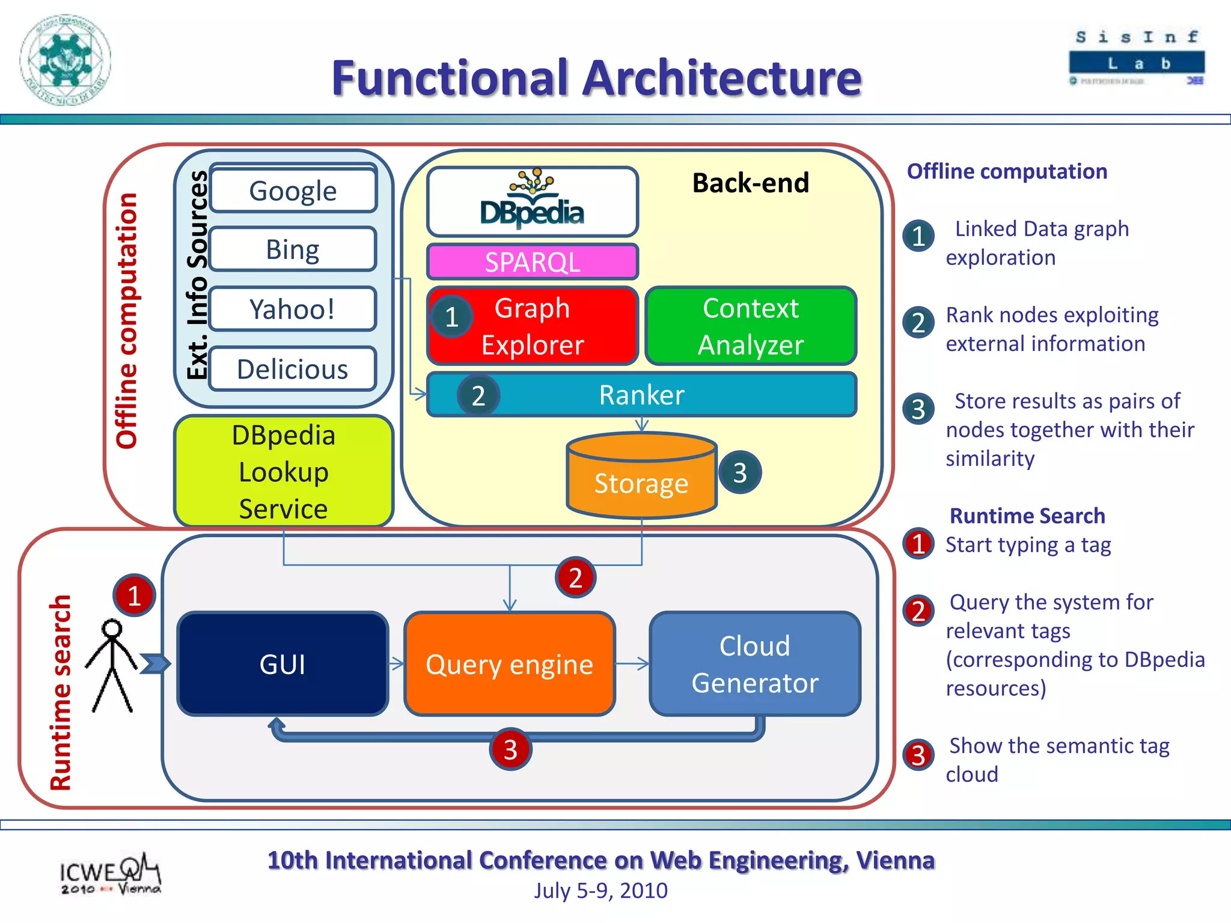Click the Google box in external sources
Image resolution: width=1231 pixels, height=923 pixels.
293,190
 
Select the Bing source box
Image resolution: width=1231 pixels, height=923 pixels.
293,249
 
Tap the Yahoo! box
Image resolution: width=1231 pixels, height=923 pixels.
293,309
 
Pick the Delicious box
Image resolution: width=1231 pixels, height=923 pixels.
293,369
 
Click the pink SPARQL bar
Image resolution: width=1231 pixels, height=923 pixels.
533,262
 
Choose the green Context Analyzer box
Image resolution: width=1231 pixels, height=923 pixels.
751,326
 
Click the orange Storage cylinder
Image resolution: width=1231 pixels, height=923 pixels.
641,478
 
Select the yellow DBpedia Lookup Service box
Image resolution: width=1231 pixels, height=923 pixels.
284,472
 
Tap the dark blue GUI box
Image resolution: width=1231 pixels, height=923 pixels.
283,664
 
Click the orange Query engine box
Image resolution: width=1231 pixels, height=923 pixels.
510,664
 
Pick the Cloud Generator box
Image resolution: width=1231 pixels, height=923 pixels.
755,664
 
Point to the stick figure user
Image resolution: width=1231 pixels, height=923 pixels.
112,664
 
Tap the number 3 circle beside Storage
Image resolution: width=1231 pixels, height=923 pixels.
740,472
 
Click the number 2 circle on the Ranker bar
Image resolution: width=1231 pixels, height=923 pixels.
478,395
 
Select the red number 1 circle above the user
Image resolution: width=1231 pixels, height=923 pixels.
134,595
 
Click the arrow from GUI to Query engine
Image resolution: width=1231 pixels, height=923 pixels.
397,664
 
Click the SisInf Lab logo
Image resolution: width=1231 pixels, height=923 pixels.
1137,58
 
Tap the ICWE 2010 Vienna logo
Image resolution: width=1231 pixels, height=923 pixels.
110,874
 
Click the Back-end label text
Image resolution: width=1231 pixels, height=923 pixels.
751,183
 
